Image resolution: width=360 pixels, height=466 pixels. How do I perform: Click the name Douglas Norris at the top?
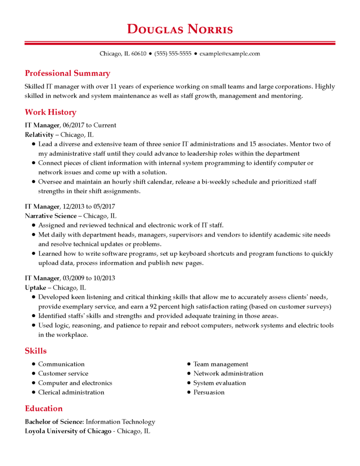tap(180, 30)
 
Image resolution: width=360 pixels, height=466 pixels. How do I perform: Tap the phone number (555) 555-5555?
tap(173, 54)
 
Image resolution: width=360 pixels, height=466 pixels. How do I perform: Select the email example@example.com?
tap(230, 54)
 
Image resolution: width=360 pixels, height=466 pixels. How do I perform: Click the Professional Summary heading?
tap(67, 73)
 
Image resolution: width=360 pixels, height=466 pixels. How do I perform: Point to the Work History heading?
tap(51, 112)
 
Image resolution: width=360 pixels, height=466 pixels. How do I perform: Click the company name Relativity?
tap(39, 135)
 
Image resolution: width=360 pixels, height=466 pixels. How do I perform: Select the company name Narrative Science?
tap(51, 216)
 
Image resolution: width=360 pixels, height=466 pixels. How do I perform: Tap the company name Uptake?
tap(35, 288)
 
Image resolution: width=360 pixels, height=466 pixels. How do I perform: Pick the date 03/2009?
tap(73, 278)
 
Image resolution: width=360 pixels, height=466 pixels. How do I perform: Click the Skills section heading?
tap(35, 351)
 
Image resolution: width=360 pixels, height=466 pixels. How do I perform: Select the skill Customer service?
tap(63, 374)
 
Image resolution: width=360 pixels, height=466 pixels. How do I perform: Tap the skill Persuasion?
tap(209, 392)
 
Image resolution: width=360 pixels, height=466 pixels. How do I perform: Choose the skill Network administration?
tap(228, 374)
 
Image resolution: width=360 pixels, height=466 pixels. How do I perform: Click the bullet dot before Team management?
tap(189, 365)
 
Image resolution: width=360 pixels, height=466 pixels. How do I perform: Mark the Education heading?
tap(44, 408)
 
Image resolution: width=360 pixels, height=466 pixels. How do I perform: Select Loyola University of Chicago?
tap(68, 431)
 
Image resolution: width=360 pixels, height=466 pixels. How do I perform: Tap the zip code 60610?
tap(139, 54)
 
